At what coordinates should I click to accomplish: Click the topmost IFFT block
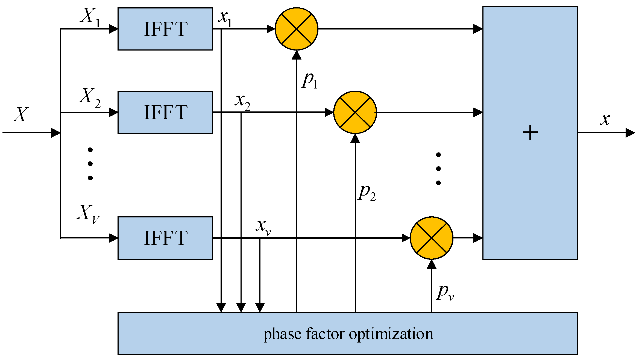(x=165, y=29)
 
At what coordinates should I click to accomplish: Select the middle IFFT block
(x=165, y=112)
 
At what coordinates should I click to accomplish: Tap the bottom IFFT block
(x=165, y=238)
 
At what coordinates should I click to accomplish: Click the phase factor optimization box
(x=348, y=334)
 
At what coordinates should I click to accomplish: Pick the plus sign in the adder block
(x=530, y=133)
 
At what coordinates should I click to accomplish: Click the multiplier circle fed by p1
(x=296, y=29)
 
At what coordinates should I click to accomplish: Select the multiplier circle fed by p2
(x=355, y=112)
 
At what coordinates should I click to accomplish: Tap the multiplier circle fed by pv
(x=431, y=238)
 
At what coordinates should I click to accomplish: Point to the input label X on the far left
(x=21, y=114)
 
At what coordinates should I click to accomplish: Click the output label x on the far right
(x=605, y=120)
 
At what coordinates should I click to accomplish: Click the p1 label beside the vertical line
(x=310, y=81)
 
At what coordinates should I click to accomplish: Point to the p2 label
(x=367, y=193)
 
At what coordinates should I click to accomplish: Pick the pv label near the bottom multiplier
(x=445, y=293)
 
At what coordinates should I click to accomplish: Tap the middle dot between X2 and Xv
(x=90, y=164)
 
